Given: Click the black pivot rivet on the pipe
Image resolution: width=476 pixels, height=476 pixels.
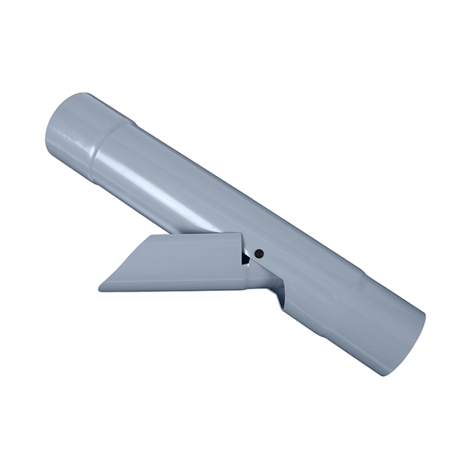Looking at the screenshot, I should click(259, 253).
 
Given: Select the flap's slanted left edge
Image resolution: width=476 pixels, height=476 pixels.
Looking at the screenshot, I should click(122, 262).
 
